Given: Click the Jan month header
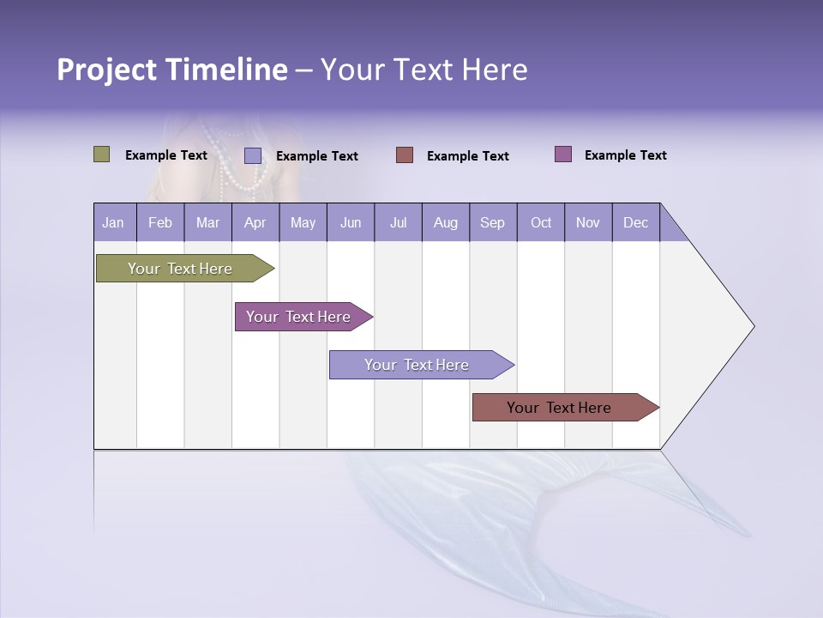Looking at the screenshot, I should coord(114,222).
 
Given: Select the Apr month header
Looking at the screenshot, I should coord(255,222).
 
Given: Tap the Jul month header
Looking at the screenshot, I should coord(398,222).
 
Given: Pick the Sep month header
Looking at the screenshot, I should coord(492,222).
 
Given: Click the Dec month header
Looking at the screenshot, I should coord(635,222).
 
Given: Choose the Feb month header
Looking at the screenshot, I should coord(160,222).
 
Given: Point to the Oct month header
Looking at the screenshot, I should coord(541,222).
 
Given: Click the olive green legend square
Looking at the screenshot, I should coord(101,154).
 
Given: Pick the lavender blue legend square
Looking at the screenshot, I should coord(253,155).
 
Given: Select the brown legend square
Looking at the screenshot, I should coord(405,155).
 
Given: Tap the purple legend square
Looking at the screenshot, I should coord(563,154).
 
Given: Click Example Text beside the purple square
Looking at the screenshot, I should coord(625,155).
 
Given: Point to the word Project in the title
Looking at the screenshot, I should coord(106,70).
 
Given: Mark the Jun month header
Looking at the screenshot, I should coord(351,222).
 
